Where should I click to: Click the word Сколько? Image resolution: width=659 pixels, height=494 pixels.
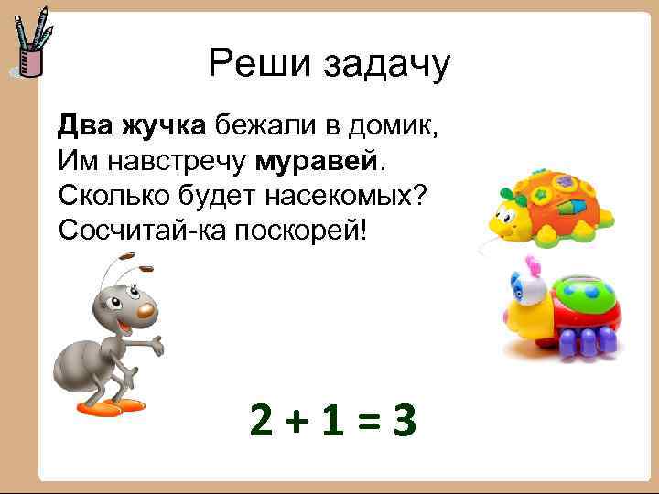(x=116, y=194)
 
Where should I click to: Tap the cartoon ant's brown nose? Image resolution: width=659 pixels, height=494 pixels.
(x=145, y=311)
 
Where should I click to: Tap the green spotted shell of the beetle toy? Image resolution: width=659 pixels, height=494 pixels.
(x=585, y=293)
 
